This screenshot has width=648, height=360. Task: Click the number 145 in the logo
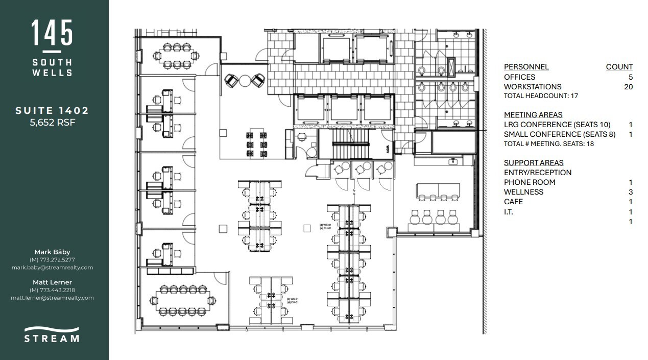tap(52, 34)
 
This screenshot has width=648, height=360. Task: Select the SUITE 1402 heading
tap(52, 110)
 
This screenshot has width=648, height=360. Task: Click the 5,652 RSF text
tap(52, 122)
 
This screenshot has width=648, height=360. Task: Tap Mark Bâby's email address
tap(52, 268)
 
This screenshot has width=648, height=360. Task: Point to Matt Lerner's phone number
tap(52, 290)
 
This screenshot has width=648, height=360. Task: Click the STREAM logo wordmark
tap(52, 338)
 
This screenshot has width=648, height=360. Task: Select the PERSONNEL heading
tap(526, 67)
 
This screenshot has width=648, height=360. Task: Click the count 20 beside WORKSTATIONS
tap(628, 87)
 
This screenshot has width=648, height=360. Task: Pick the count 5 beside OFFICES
tap(630, 77)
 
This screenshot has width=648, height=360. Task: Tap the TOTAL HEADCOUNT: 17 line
tap(541, 96)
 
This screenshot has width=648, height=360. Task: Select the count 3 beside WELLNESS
tap(631, 192)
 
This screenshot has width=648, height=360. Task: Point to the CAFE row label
tap(513, 202)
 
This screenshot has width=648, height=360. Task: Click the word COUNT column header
tap(619, 67)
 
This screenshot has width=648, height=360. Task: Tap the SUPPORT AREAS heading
tap(534, 163)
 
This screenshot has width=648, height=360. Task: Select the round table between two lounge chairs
tap(245, 80)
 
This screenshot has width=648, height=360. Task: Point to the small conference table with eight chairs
tap(176, 56)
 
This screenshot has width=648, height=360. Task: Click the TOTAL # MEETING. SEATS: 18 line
tap(548, 144)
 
